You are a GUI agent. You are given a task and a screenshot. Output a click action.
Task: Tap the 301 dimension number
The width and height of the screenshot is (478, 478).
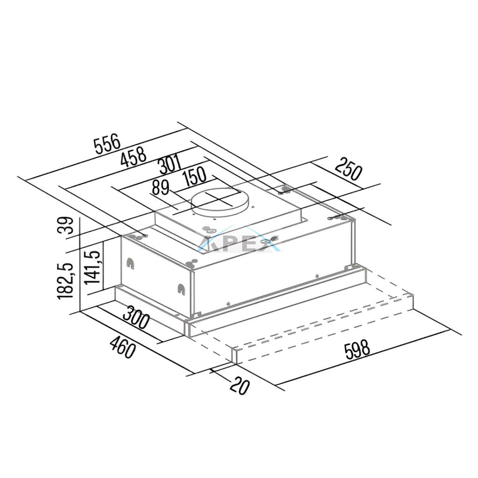tap(170, 165)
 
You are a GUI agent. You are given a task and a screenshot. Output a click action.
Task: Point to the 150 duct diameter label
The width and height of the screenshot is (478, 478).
tap(195, 177)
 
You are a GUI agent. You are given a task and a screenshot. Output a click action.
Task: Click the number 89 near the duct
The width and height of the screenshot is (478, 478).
tap(161, 188)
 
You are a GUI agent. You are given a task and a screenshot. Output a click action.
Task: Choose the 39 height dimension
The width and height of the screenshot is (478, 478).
tap(65, 225)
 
